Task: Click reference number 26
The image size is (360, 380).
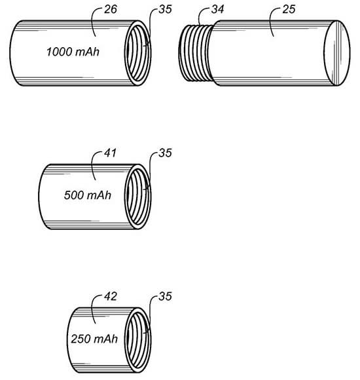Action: click(x=111, y=9)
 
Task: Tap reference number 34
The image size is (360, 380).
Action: click(x=217, y=9)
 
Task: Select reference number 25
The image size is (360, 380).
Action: click(x=289, y=9)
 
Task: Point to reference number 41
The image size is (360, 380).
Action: click(x=111, y=153)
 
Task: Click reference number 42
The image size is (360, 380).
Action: click(x=111, y=296)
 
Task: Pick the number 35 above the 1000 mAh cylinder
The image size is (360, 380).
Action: click(x=166, y=9)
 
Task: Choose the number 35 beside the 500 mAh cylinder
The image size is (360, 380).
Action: click(x=166, y=153)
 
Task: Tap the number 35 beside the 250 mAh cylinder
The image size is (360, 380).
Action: click(x=166, y=296)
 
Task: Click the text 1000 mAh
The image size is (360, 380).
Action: click(x=73, y=52)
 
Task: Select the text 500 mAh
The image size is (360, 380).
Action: click(x=88, y=195)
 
